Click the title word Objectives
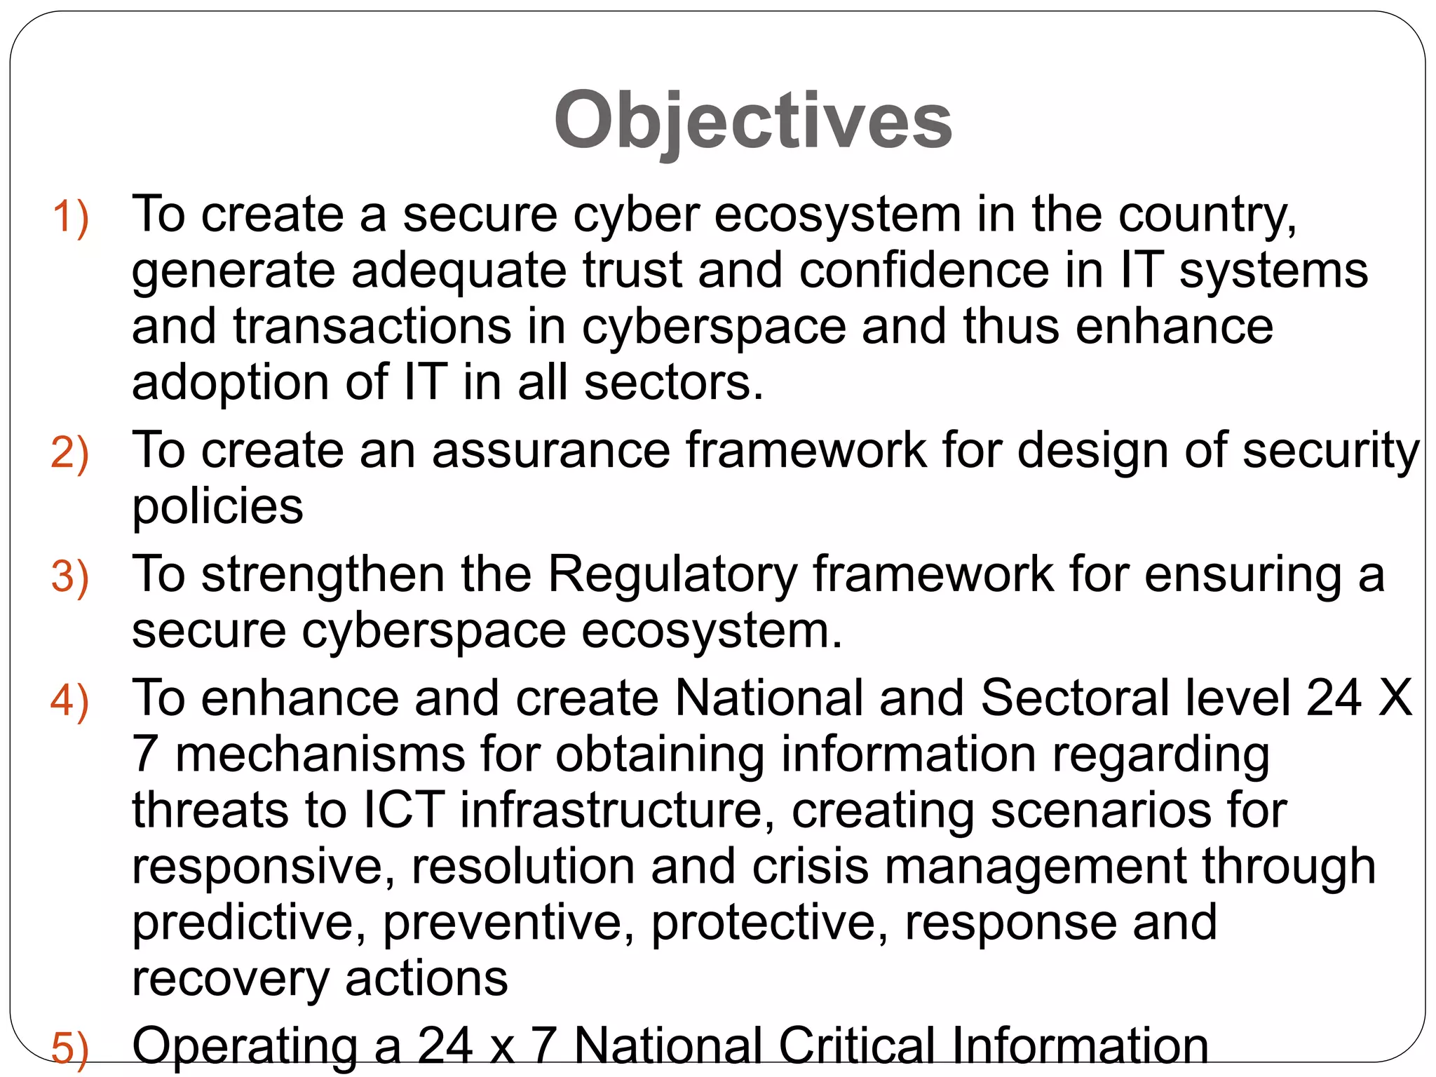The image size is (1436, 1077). pos(752,121)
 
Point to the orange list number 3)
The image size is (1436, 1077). pos(70,577)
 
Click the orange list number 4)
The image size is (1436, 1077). pos(70,700)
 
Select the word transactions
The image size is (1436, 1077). pos(372,327)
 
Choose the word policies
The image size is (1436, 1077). pos(217,506)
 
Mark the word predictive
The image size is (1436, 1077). pos(249,923)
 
